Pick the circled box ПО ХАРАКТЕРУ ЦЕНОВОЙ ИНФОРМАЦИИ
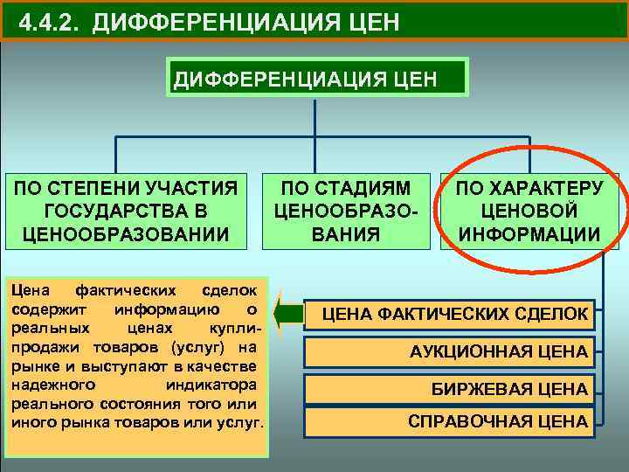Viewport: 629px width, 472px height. [x=529, y=210]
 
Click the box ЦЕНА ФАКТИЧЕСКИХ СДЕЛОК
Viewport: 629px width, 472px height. [x=454, y=313]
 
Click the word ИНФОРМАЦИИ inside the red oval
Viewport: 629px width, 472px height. [x=529, y=234]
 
